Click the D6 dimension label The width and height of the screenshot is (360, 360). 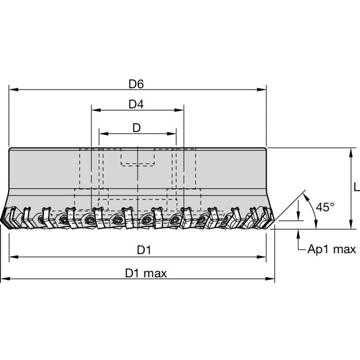coord(136,84)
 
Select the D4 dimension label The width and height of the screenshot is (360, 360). coord(136,105)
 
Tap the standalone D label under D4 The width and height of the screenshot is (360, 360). coord(136,128)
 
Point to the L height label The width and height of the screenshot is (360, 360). coord(357,187)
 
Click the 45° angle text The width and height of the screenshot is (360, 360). coord(325,207)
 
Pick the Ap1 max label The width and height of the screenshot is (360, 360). coord(331,249)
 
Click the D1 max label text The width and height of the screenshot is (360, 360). coord(146,273)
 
